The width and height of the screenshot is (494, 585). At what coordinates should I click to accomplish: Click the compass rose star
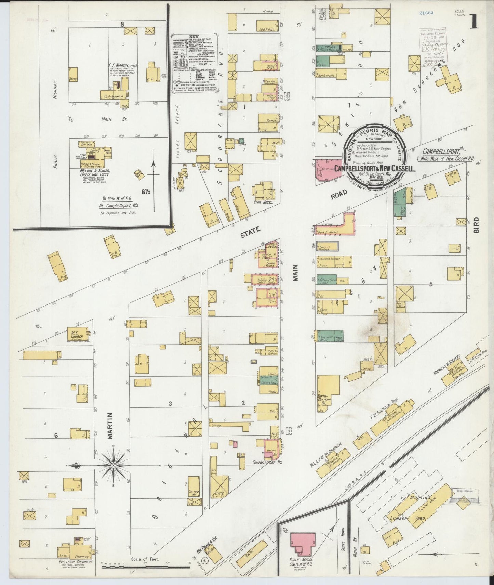113,466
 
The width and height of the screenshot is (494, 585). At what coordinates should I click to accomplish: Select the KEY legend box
195,63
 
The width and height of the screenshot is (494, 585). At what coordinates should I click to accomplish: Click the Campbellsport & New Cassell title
375,168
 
